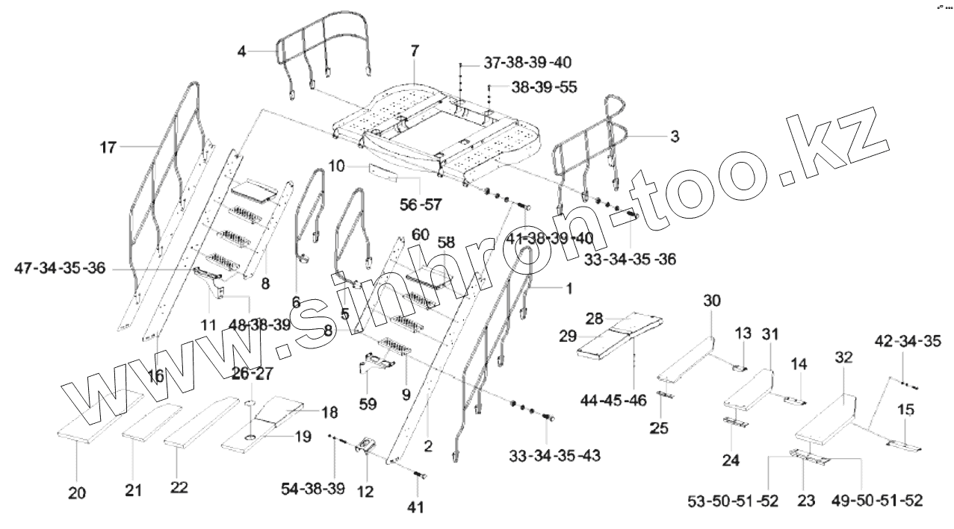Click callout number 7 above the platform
pos(415,51)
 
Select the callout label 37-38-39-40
pos(523,62)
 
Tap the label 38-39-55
pos(544,87)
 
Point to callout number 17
pos(108,147)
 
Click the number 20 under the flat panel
pos(77,492)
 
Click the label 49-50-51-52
pos(879,501)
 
